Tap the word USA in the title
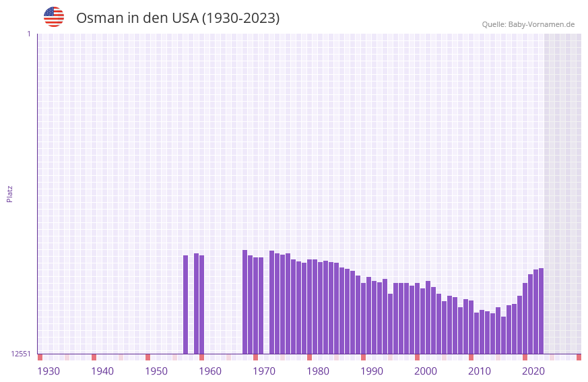(x=185, y=18)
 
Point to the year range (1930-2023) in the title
(x=240, y=18)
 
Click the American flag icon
(x=54, y=17)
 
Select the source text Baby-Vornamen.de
(x=541, y=24)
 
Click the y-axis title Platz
(x=9, y=193)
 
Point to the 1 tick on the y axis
(x=28, y=34)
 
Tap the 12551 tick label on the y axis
(x=22, y=354)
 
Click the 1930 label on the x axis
(x=48, y=371)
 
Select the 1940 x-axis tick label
(x=102, y=371)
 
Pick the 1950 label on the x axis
(x=156, y=371)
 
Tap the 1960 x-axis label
(x=210, y=371)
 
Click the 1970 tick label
(x=264, y=371)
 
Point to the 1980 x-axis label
(x=318, y=371)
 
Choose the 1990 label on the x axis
(x=372, y=371)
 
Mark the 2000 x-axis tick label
(x=426, y=371)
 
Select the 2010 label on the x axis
(x=480, y=371)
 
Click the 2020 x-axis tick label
(x=533, y=371)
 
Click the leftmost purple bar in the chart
(x=186, y=305)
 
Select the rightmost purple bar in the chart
(x=541, y=311)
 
